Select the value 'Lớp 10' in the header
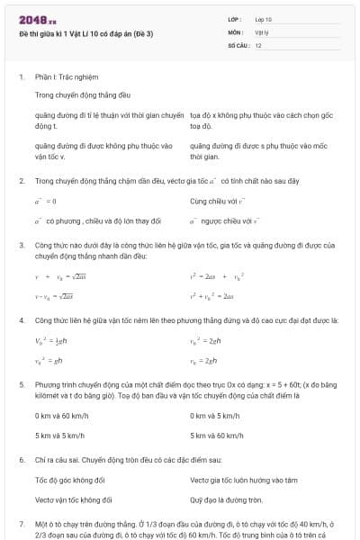point(263,19)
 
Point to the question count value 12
point(258,44)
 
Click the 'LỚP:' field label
point(235,19)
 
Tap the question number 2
point(22,180)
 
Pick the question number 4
point(22,319)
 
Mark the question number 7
point(22,523)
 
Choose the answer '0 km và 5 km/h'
point(214,415)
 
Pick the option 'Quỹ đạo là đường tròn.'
point(226,499)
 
